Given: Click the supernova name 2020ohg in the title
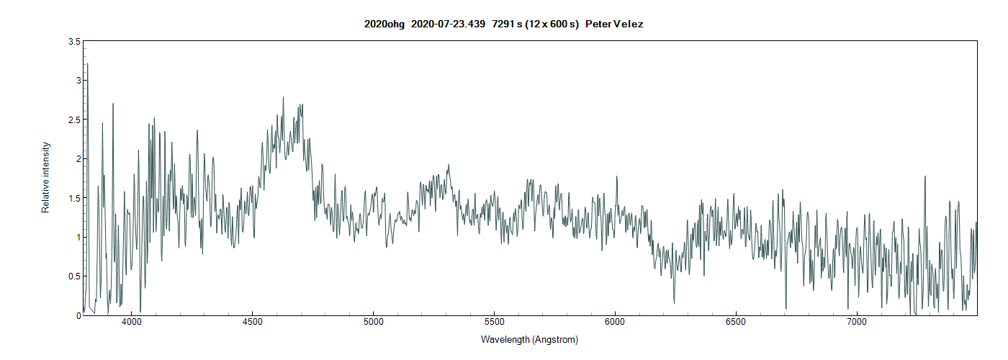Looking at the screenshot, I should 384,24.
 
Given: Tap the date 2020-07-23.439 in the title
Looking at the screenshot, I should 448,24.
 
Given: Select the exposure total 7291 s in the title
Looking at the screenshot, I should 510,24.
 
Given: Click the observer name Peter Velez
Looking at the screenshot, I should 614,24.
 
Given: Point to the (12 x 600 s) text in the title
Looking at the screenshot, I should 554,24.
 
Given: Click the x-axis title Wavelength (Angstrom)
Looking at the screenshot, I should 529,339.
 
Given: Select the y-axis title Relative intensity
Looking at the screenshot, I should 46,177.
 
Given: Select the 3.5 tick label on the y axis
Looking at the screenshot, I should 74,42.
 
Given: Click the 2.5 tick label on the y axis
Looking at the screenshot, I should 74,120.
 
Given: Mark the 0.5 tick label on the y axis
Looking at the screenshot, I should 74,276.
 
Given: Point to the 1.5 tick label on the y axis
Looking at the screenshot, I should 74,198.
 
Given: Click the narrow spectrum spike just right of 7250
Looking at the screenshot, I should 924,177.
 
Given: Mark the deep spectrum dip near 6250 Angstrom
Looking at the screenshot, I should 675,302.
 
